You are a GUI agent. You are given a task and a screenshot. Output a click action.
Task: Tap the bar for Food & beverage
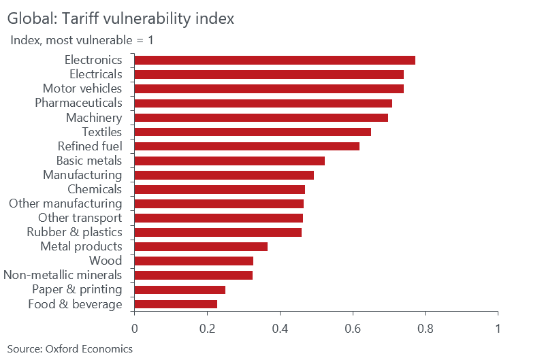pyautogui.click(x=176, y=304)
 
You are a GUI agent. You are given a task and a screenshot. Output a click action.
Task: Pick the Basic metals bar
pyautogui.click(x=229, y=161)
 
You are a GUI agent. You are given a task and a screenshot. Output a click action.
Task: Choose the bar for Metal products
pyautogui.click(x=201, y=246)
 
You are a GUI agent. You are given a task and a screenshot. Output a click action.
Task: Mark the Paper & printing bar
pyautogui.click(x=180, y=290)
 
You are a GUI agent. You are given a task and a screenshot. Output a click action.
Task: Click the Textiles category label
pyautogui.click(x=101, y=132)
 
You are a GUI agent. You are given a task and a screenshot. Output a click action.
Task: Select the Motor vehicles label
pyautogui.click(x=82, y=88)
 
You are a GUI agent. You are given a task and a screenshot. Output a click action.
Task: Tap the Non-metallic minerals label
pyautogui.click(x=63, y=275)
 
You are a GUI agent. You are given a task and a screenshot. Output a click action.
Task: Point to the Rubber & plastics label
pyautogui.click(x=74, y=232)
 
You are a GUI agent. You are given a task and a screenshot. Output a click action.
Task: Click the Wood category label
pyautogui.click(x=106, y=261)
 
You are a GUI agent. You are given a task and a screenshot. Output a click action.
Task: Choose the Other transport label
pyautogui.click(x=80, y=218)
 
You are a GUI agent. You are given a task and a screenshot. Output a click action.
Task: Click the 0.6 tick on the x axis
pyautogui.click(x=353, y=328)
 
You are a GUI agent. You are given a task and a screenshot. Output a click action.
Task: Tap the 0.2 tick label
pyautogui.click(x=207, y=328)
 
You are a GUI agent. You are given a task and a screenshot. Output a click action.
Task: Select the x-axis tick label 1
pyautogui.click(x=498, y=328)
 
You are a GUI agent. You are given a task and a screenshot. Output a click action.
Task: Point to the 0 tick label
pyautogui.click(x=134, y=328)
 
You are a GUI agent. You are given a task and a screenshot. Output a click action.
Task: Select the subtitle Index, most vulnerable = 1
pyautogui.click(x=82, y=40)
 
